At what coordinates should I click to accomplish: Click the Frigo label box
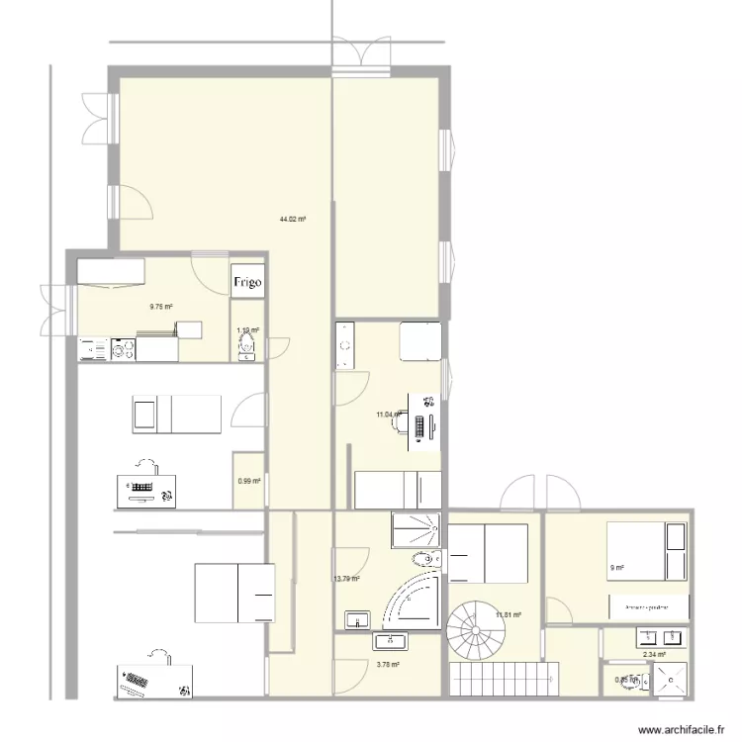point(247,282)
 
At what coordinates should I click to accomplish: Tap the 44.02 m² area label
point(292,219)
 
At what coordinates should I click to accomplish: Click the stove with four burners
point(124,349)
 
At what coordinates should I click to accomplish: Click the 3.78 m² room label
point(388,665)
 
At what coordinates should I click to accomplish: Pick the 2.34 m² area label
point(654,654)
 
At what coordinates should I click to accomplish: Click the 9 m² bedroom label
point(616,568)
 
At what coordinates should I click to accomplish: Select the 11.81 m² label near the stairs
point(509,614)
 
